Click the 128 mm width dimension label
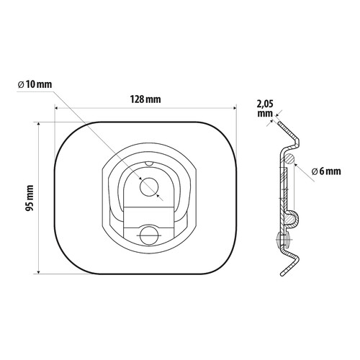pyautogui.click(x=145, y=99)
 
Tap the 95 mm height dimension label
pyautogui.click(x=30, y=198)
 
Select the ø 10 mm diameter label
pyautogui.click(x=35, y=84)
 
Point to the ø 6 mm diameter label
pyautogui.click(x=326, y=171)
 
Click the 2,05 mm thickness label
pyautogui.click(x=265, y=109)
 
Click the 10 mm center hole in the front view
pyautogui.click(x=149, y=187)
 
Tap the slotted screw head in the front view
pyautogui.click(x=149, y=235)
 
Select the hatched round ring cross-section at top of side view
pyautogui.click(x=289, y=158)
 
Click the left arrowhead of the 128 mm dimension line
pyautogui.click(x=57, y=109)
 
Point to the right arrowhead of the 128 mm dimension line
pyautogui.click(x=235, y=109)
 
